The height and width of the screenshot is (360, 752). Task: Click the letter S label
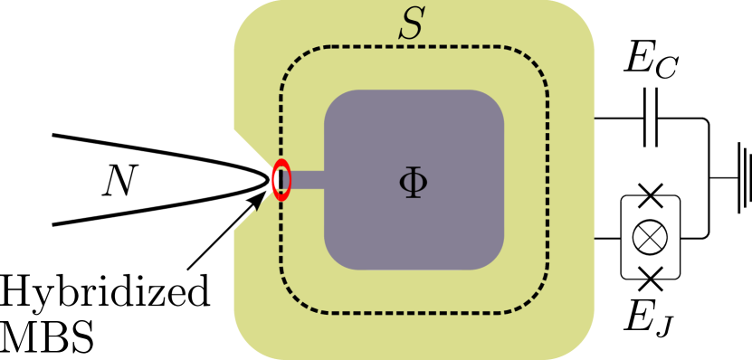[x=412, y=24]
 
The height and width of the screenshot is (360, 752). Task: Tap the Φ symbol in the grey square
[x=413, y=182]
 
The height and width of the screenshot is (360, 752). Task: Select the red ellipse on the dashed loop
[x=281, y=179]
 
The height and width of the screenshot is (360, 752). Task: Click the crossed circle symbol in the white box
[x=650, y=237]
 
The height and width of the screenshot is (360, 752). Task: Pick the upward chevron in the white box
[x=650, y=204]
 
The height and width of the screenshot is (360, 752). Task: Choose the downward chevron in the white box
[x=650, y=270]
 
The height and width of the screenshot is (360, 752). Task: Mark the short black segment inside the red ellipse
[x=281, y=180]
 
